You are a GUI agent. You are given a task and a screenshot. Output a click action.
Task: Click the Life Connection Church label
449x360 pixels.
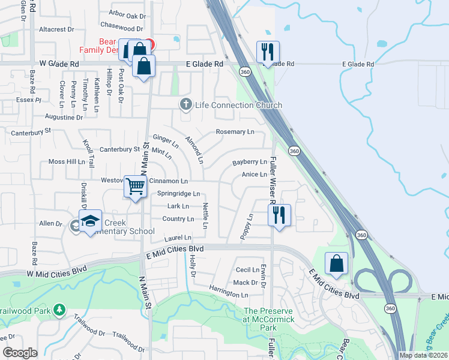coord(238,106)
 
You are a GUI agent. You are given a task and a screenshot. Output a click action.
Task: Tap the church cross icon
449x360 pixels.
coord(186,105)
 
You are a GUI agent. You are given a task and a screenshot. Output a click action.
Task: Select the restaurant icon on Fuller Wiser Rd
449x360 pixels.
coord(279,215)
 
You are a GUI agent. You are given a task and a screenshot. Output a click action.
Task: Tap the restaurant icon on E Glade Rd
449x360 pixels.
coord(268,52)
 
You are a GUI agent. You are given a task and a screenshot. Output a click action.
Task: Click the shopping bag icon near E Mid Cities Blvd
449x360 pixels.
coord(337,264)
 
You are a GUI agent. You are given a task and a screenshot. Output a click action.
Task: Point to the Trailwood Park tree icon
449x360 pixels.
coord(59,310)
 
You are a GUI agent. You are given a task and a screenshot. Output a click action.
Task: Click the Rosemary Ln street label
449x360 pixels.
coord(235,132)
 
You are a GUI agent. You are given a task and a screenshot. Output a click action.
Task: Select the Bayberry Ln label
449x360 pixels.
coord(250,162)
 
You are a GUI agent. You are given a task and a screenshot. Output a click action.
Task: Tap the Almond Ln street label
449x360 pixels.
coord(194,150)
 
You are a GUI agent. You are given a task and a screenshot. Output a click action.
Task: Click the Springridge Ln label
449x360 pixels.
coord(178,194)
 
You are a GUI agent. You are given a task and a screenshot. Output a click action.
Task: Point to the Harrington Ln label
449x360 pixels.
coord(229,295)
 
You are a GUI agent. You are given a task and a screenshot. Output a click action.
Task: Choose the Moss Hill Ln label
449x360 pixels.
coord(67,162)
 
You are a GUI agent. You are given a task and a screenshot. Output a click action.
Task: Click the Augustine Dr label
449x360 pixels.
coord(64,117)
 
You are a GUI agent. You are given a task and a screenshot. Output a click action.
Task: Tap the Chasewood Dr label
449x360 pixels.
coord(122,28)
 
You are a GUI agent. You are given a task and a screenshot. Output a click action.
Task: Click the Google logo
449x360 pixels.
coord(20,353)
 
